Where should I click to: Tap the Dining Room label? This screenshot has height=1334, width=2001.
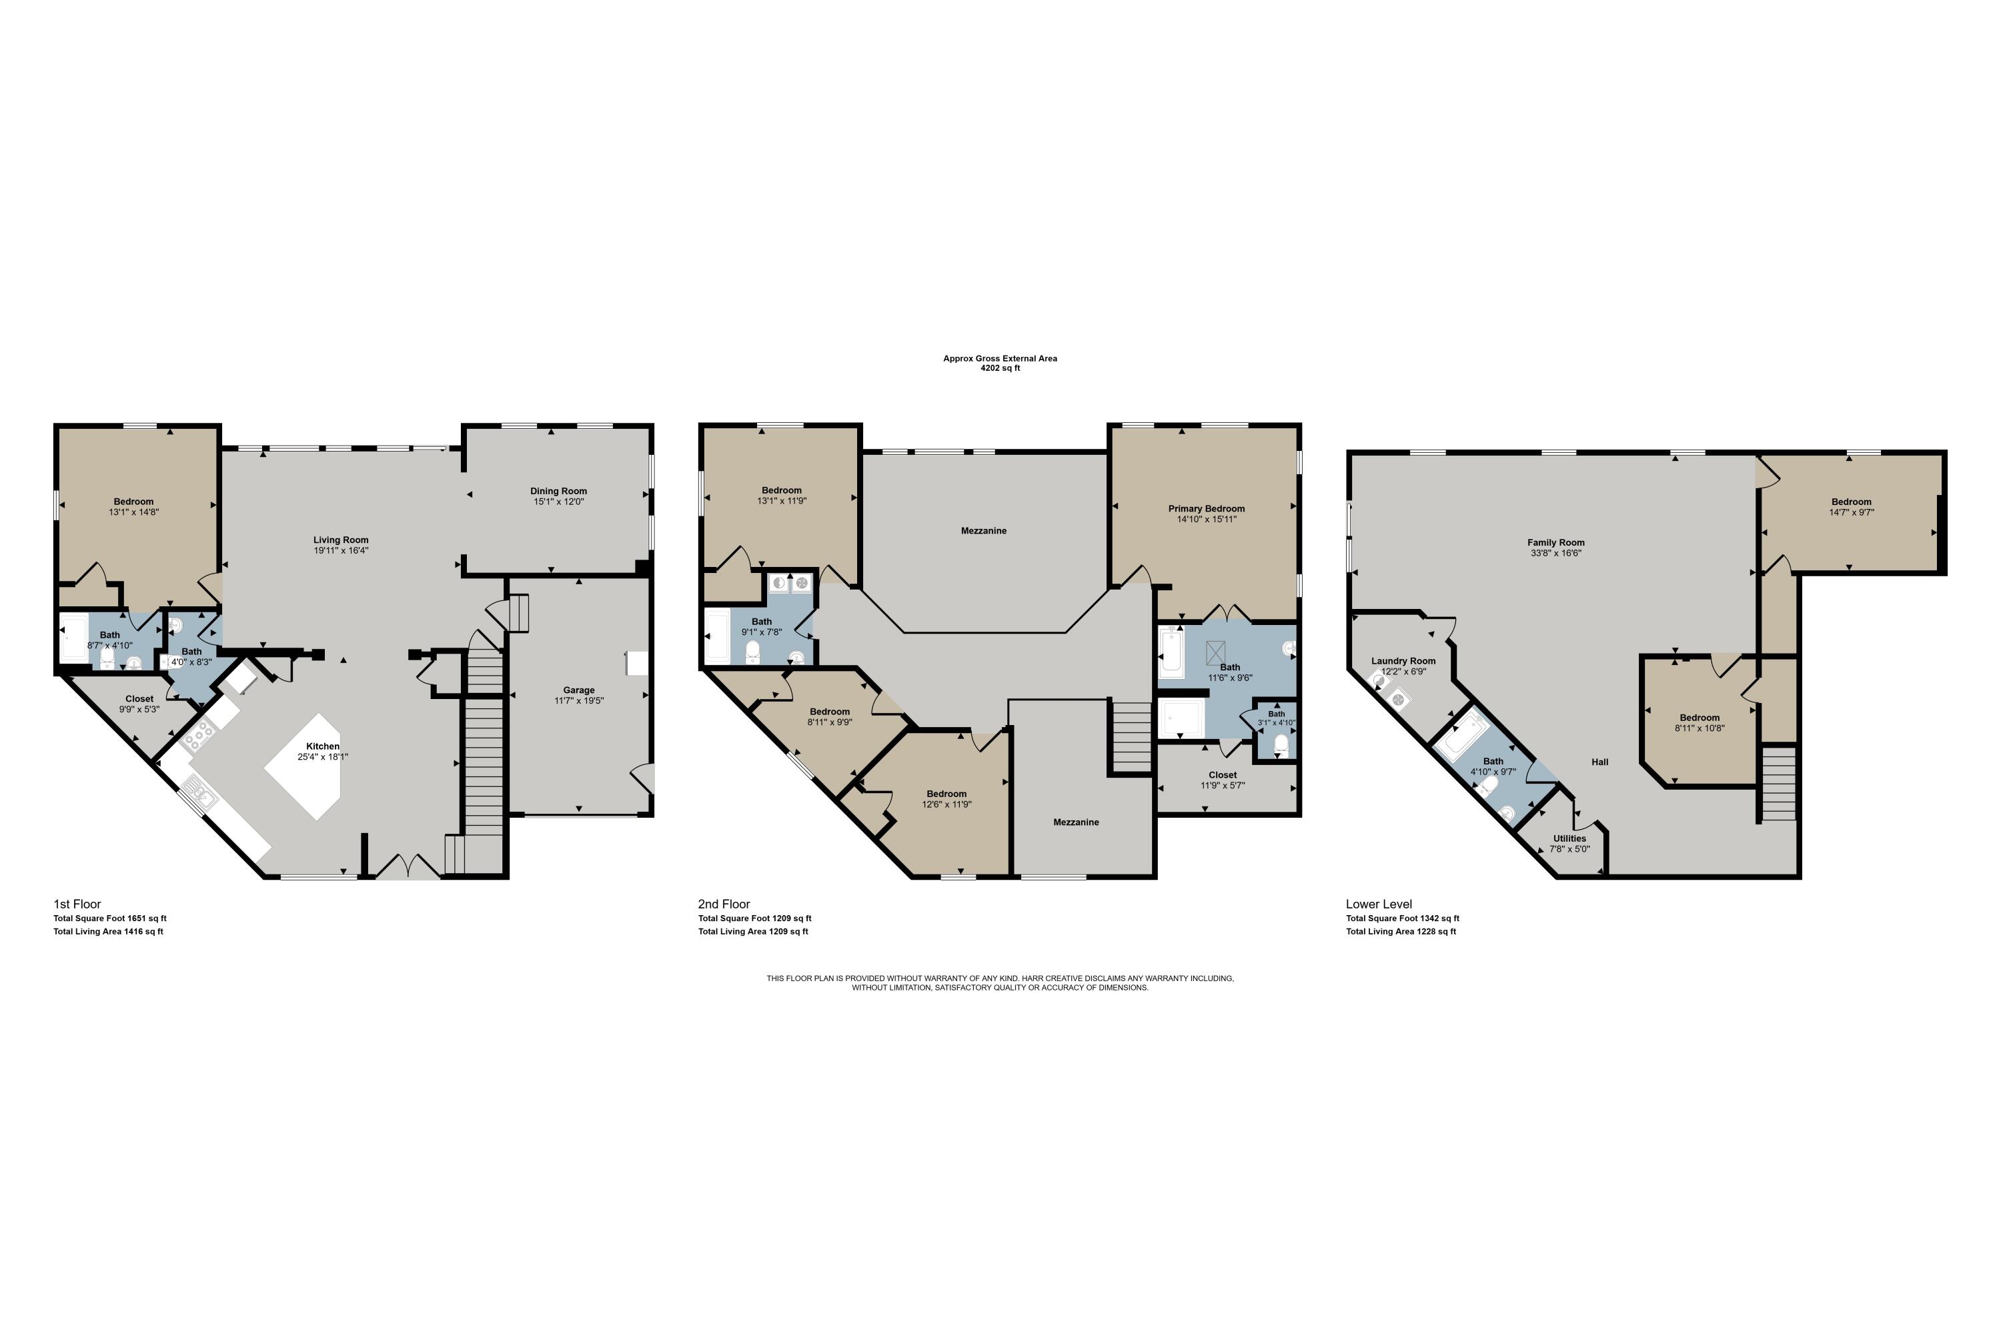(558, 491)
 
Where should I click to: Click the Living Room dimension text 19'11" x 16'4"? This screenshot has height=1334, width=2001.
(340, 550)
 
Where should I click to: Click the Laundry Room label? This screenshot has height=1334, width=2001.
(1403, 661)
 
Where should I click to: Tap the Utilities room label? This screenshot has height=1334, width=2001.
(1569, 838)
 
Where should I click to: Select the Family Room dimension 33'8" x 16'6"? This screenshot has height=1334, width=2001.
(1555, 553)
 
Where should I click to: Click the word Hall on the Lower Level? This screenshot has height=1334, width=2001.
(1599, 762)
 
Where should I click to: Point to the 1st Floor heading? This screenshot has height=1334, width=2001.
(77, 904)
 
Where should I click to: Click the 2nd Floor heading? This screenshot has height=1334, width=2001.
(724, 904)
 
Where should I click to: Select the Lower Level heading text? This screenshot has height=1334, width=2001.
(1378, 904)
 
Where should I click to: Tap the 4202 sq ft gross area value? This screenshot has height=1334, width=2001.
(1000, 368)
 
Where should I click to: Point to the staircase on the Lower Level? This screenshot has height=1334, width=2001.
(1778, 784)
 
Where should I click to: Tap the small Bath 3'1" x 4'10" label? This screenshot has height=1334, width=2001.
(1276, 718)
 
